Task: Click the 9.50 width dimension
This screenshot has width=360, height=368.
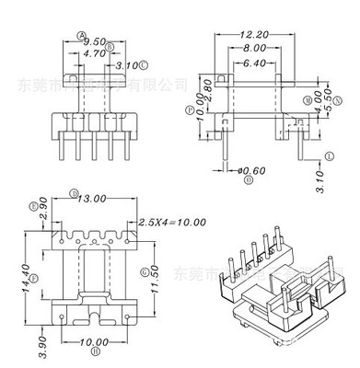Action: [92, 41]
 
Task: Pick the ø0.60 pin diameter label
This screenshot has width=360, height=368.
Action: [250, 168]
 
